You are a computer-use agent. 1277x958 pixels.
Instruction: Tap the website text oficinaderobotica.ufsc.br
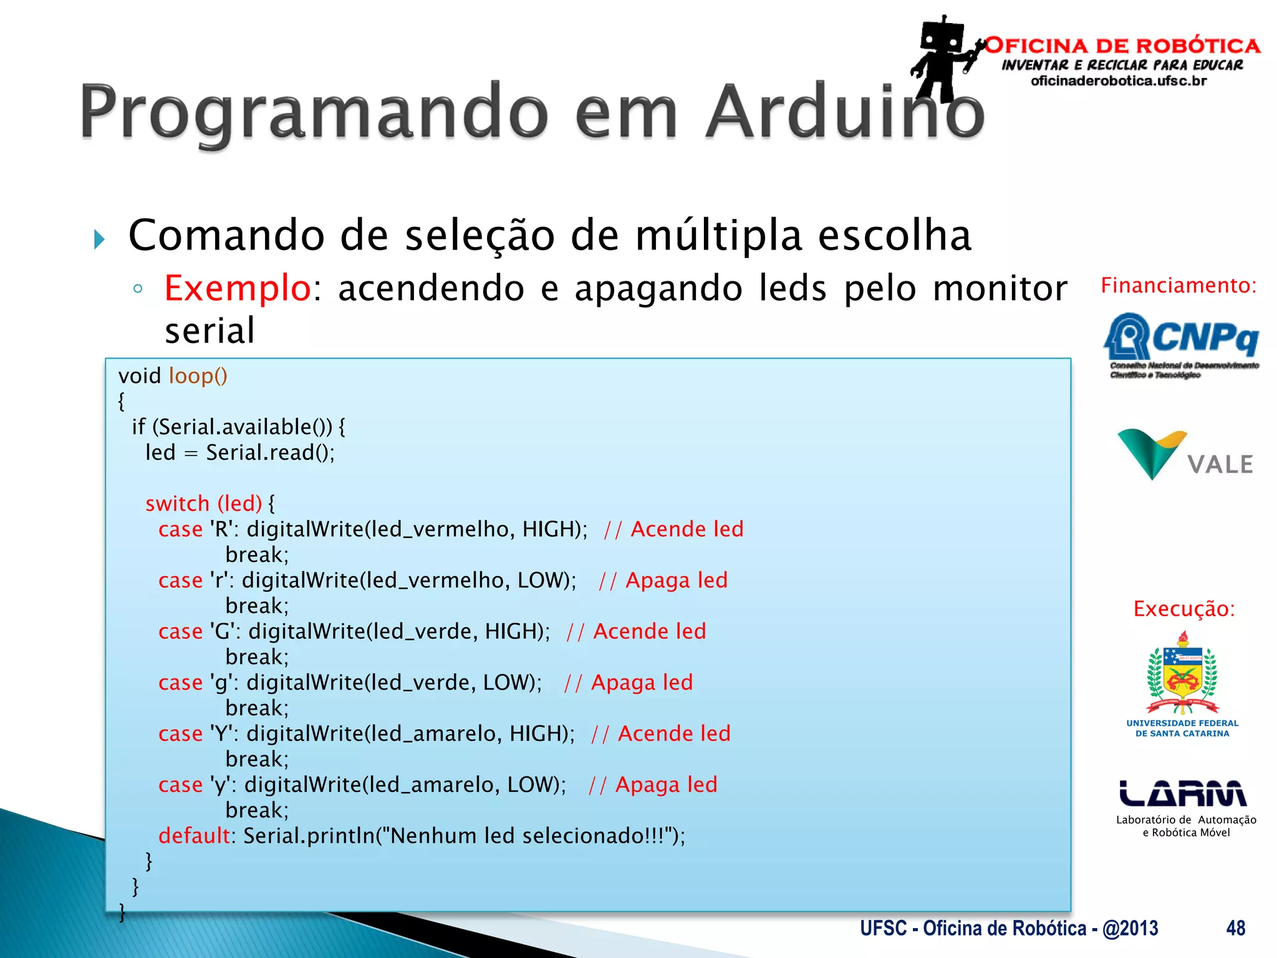(1119, 81)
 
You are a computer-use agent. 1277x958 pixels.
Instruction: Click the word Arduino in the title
(845, 112)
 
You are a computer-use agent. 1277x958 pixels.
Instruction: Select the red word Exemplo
(237, 288)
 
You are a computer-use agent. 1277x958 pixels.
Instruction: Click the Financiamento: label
(1178, 286)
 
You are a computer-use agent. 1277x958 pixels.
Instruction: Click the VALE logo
(1183, 455)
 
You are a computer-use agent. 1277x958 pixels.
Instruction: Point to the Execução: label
(1183, 609)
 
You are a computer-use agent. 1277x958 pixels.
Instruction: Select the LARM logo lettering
(1182, 794)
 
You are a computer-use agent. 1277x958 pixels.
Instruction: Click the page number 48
(1235, 928)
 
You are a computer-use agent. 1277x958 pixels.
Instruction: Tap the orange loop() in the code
(198, 376)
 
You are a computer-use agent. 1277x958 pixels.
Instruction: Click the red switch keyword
(177, 503)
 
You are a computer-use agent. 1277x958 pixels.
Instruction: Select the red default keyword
(194, 836)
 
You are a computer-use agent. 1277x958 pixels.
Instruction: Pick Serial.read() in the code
(269, 453)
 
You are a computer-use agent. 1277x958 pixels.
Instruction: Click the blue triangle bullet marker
(99, 239)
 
